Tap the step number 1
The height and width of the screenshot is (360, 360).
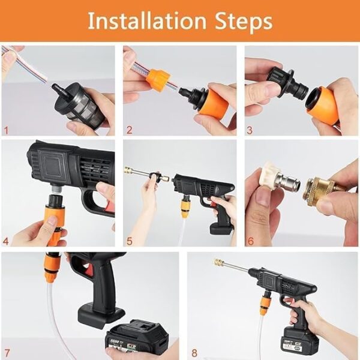point(7,129)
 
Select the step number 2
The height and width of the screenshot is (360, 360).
point(128,129)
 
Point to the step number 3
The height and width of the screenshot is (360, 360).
point(250,129)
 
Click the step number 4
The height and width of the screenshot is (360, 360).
point(7,242)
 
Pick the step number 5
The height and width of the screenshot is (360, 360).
point(128,242)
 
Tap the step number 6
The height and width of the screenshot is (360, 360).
point(250,242)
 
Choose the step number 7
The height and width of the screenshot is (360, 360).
point(7,353)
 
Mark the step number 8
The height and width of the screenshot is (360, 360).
point(193,353)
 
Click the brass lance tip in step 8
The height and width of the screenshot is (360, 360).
point(219,263)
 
